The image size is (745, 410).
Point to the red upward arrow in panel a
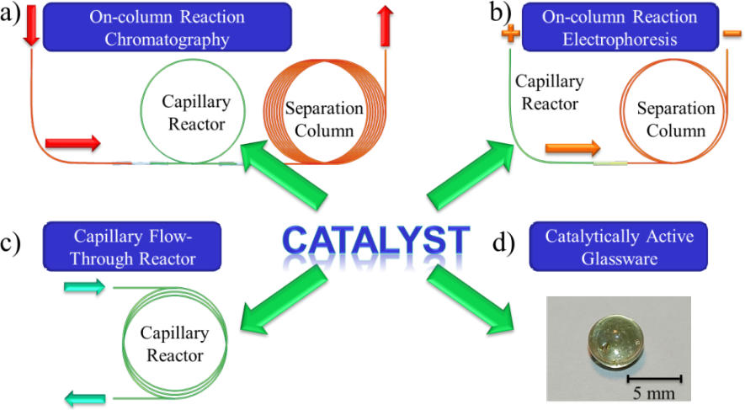[x=386, y=24]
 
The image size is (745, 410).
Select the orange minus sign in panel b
[x=731, y=33]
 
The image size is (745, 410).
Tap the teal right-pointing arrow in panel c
[x=84, y=288]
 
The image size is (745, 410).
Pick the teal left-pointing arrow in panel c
[x=84, y=395]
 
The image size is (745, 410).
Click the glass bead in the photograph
[x=608, y=341]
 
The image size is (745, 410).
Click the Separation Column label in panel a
[x=324, y=120]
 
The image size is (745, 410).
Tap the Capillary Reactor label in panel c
[x=175, y=345]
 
